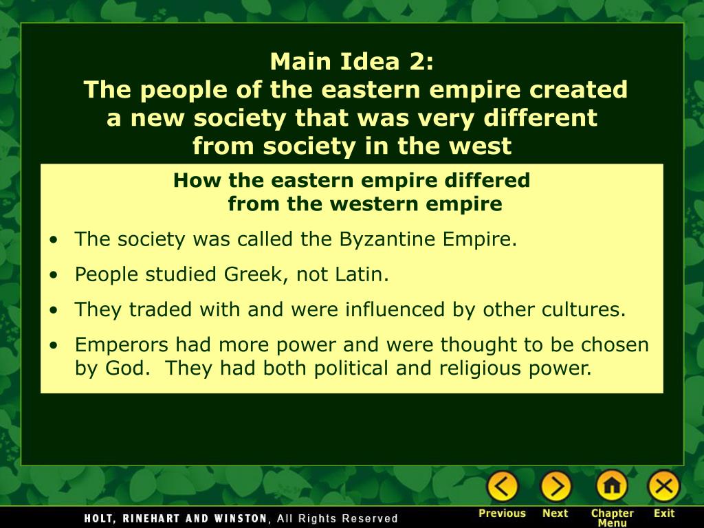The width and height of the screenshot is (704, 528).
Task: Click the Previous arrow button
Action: tap(503, 487)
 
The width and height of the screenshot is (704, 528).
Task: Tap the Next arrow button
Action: tap(555, 487)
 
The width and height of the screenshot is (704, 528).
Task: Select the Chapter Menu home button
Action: tap(611, 487)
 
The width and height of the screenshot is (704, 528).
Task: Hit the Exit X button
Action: tap(663, 487)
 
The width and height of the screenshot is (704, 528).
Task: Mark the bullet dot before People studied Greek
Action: tap(54, 276)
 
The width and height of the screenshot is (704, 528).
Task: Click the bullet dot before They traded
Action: tap(54, 310)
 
